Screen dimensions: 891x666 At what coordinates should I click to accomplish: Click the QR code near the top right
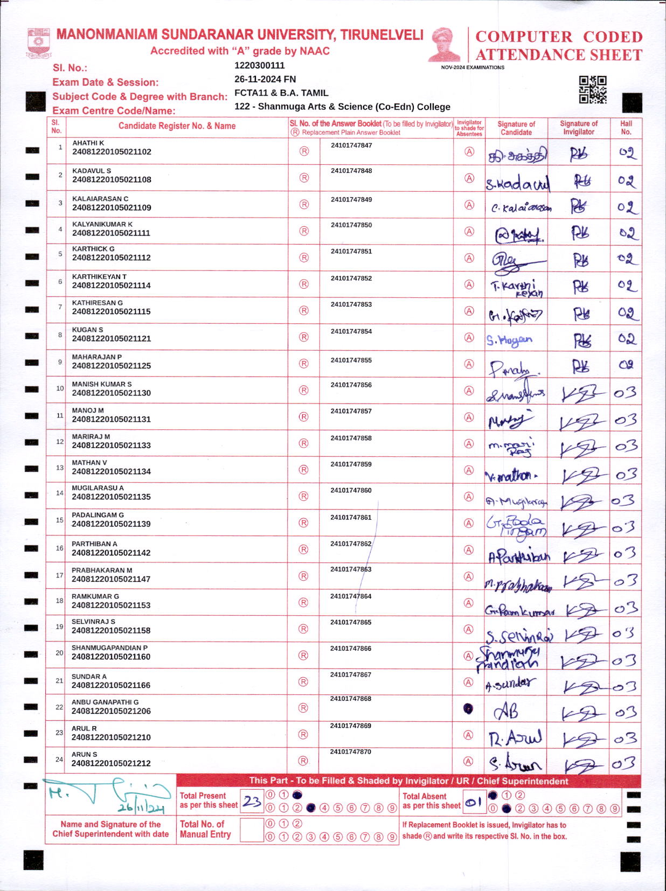click(x=592, y=89)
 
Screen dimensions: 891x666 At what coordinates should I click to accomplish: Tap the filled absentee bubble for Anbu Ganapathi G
click(x=468, y=709)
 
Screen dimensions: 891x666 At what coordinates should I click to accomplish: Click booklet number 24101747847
click(x=351, y=145)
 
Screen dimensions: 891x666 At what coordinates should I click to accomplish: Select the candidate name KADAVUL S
click(x=92, y=171)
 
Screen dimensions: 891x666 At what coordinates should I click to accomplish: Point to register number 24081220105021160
click(x=111, y=657)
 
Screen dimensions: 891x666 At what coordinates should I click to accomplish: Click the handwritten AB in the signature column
click(x=507, y=712)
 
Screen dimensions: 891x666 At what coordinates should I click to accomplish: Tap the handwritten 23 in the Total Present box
click(x=251, y=802)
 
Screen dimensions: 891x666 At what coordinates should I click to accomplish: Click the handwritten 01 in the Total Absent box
click(x=473, y=803)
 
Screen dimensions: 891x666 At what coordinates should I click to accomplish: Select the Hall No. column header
click(x=626, y=128)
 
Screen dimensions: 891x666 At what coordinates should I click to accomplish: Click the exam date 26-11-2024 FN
click(x=265, y=79)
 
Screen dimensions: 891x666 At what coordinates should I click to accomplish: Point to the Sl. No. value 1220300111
click(x=259, y=66)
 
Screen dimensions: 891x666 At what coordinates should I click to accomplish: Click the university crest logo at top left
click(x=38, y=43)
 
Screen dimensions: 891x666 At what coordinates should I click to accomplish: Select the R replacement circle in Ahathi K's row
click(x=304, y=151)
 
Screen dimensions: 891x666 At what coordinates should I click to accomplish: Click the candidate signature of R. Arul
click(x=515, y=737)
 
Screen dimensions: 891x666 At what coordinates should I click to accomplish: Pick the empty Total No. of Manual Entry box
click(x=251, y=830)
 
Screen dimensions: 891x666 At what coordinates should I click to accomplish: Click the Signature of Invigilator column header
click(x=579, y=128)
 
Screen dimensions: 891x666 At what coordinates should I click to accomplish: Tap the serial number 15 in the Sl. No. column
click(x=59, y=520)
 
